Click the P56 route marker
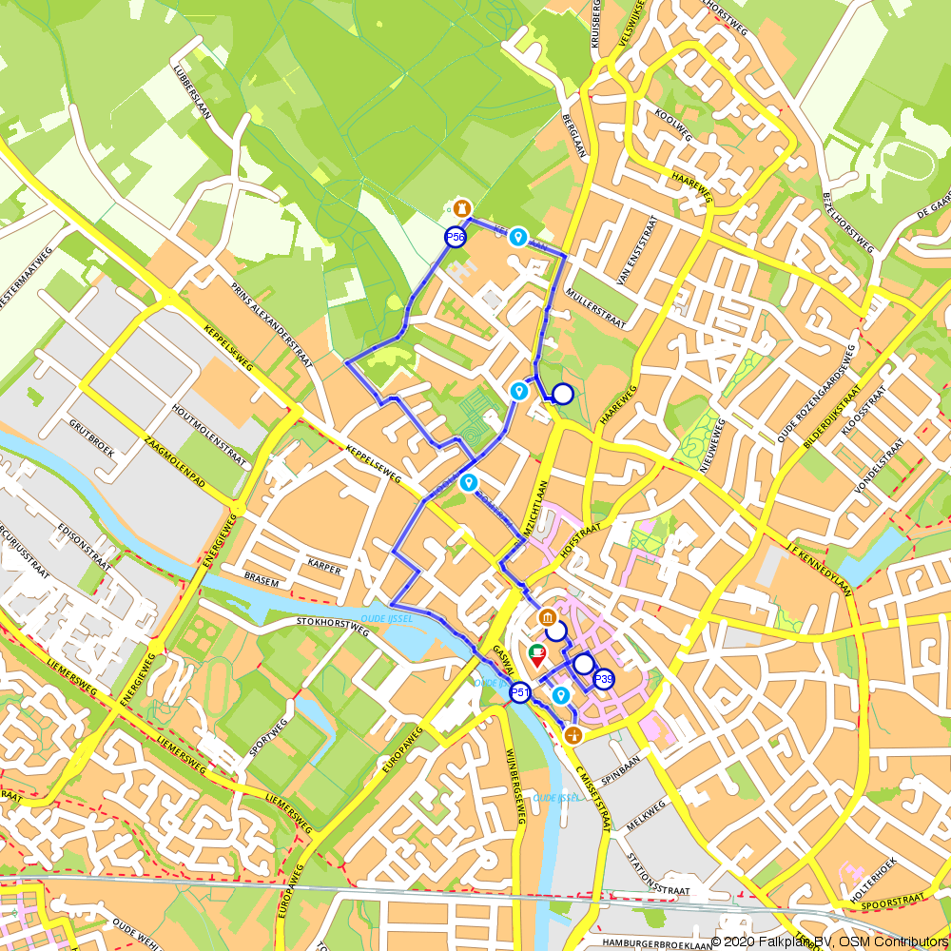tap(456, 237)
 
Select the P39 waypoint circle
tap(604, 679)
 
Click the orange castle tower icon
tap(461, 207)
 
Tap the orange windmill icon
tap(573, 734)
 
